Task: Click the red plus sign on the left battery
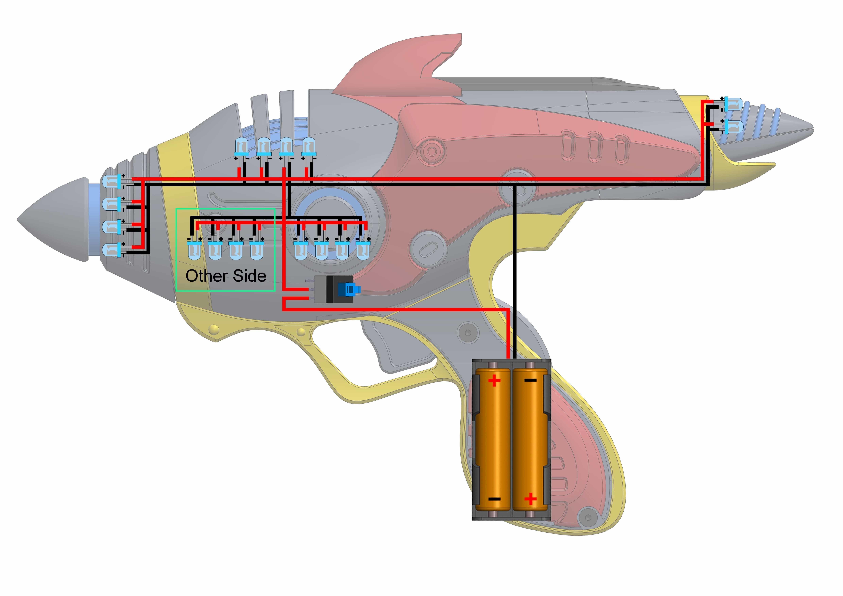coord(494,381)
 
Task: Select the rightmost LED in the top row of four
coord(308,147)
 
